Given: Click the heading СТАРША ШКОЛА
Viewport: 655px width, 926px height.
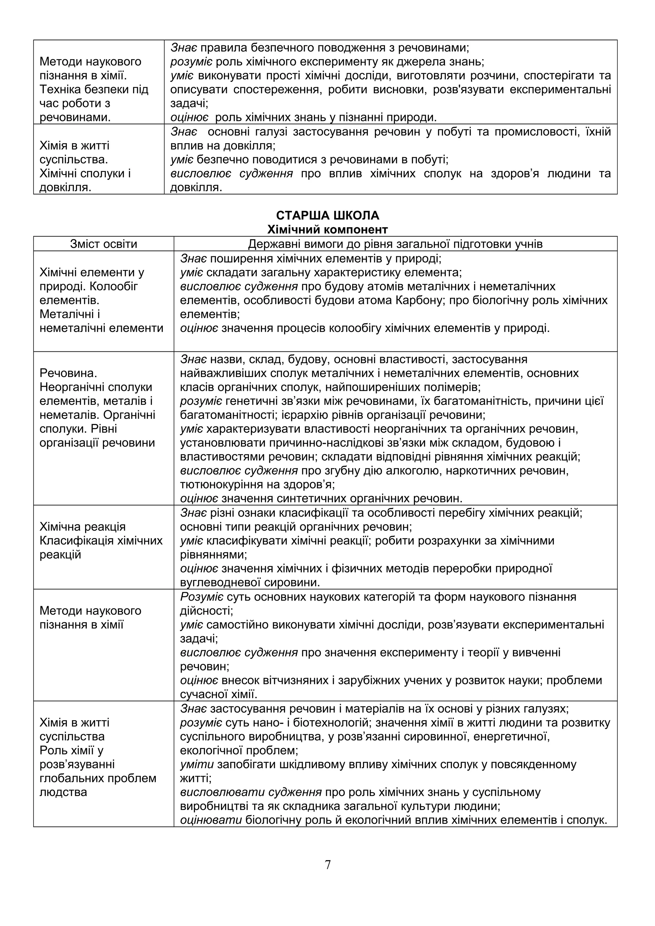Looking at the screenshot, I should click(327, 215).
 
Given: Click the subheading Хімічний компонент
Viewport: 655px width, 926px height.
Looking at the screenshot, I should click(327, 229).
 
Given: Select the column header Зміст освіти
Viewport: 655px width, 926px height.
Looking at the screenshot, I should click(104, 244).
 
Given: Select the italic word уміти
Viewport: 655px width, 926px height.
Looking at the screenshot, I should click(197, 764).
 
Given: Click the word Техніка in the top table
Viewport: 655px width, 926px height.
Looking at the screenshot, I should click(60, 89).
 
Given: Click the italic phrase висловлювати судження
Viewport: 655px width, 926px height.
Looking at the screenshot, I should click(251, 792).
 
